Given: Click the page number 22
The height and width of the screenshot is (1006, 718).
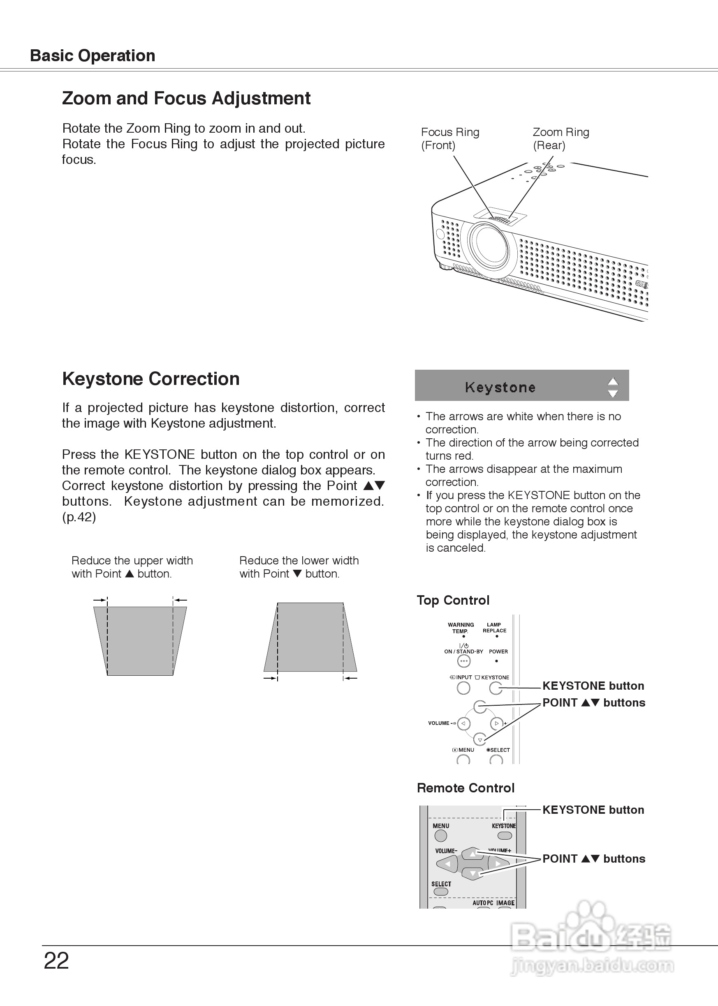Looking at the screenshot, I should [x=56, y=960].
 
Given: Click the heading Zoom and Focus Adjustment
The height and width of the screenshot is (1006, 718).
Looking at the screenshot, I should [x=186, y=98].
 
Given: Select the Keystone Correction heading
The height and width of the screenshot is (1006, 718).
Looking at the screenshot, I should [x=151, y=379].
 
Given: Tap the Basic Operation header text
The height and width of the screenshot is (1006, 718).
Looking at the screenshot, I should [x=93, y=55].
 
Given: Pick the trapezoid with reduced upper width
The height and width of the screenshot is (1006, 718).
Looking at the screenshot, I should [x=140, y=641].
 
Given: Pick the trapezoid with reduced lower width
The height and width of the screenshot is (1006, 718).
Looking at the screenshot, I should [x=310, y=637].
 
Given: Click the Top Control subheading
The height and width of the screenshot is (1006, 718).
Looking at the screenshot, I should [x=453, y=600].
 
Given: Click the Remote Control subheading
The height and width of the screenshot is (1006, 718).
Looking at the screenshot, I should [x=466, y=788].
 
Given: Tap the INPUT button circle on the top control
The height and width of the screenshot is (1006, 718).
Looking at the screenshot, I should [x=463, y=688].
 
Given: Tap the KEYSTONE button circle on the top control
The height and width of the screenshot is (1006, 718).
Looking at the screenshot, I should [x=496, y=688].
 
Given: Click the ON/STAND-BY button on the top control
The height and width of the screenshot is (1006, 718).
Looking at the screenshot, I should [x=463, y=661].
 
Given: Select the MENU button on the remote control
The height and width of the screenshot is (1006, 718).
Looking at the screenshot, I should [x=441, y=836].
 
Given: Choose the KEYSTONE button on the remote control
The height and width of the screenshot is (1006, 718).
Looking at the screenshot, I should [x=505, y=836].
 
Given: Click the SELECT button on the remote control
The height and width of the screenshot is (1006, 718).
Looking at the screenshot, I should [x=441, y=891].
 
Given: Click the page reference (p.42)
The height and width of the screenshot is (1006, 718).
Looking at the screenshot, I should [x=79, y=517].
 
